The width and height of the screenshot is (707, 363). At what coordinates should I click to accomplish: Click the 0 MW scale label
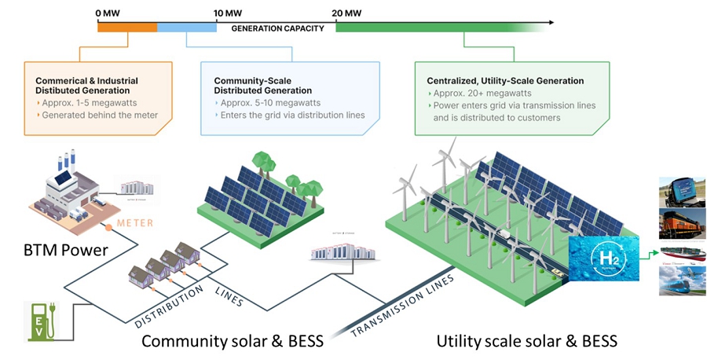[x=108, y=13]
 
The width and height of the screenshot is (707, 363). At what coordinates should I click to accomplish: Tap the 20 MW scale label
[x=346, y=13]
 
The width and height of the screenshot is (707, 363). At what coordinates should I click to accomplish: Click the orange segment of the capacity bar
[x=126, y=27]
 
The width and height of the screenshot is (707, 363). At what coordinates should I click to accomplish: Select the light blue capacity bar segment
[x=187, y=27]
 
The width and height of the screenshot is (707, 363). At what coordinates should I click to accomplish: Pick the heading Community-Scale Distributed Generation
[x=266, y=86]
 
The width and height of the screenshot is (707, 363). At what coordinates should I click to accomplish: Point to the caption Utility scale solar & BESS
[x=526, y=341]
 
